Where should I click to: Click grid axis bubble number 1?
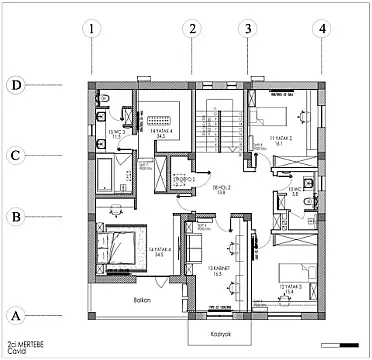(91, 29)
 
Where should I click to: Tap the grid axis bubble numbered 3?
(247, 29)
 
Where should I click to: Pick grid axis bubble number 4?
(321, 29)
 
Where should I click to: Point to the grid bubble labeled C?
(15, 156)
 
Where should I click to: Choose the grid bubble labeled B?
(15, 214)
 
